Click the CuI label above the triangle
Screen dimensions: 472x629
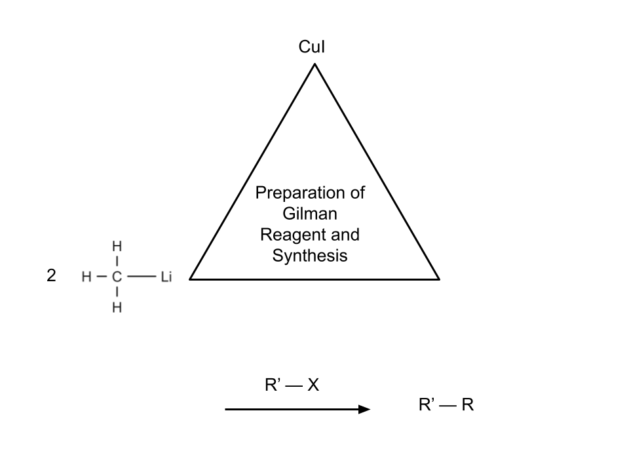(312, 48)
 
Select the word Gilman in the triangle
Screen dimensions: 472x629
(310, 214)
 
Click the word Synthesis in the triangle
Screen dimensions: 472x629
(310, 256)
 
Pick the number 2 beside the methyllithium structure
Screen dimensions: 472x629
(51, 276)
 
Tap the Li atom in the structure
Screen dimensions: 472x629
(166, 277)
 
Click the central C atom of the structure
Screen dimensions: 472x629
(117, 277)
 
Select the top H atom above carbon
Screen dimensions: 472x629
(117, 247)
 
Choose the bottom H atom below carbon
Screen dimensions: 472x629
(117, 307)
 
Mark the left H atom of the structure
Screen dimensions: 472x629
(86, 277)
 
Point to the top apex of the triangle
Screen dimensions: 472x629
(314, 64)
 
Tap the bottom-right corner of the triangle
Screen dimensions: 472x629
(438, 279)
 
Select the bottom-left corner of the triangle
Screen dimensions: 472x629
(191, 279)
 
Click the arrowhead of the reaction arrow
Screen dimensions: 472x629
(364, 409)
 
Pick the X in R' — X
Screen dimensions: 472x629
(313, 385)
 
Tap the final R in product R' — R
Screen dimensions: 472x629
(467, 405)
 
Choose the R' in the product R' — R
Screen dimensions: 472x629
(427, 405)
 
